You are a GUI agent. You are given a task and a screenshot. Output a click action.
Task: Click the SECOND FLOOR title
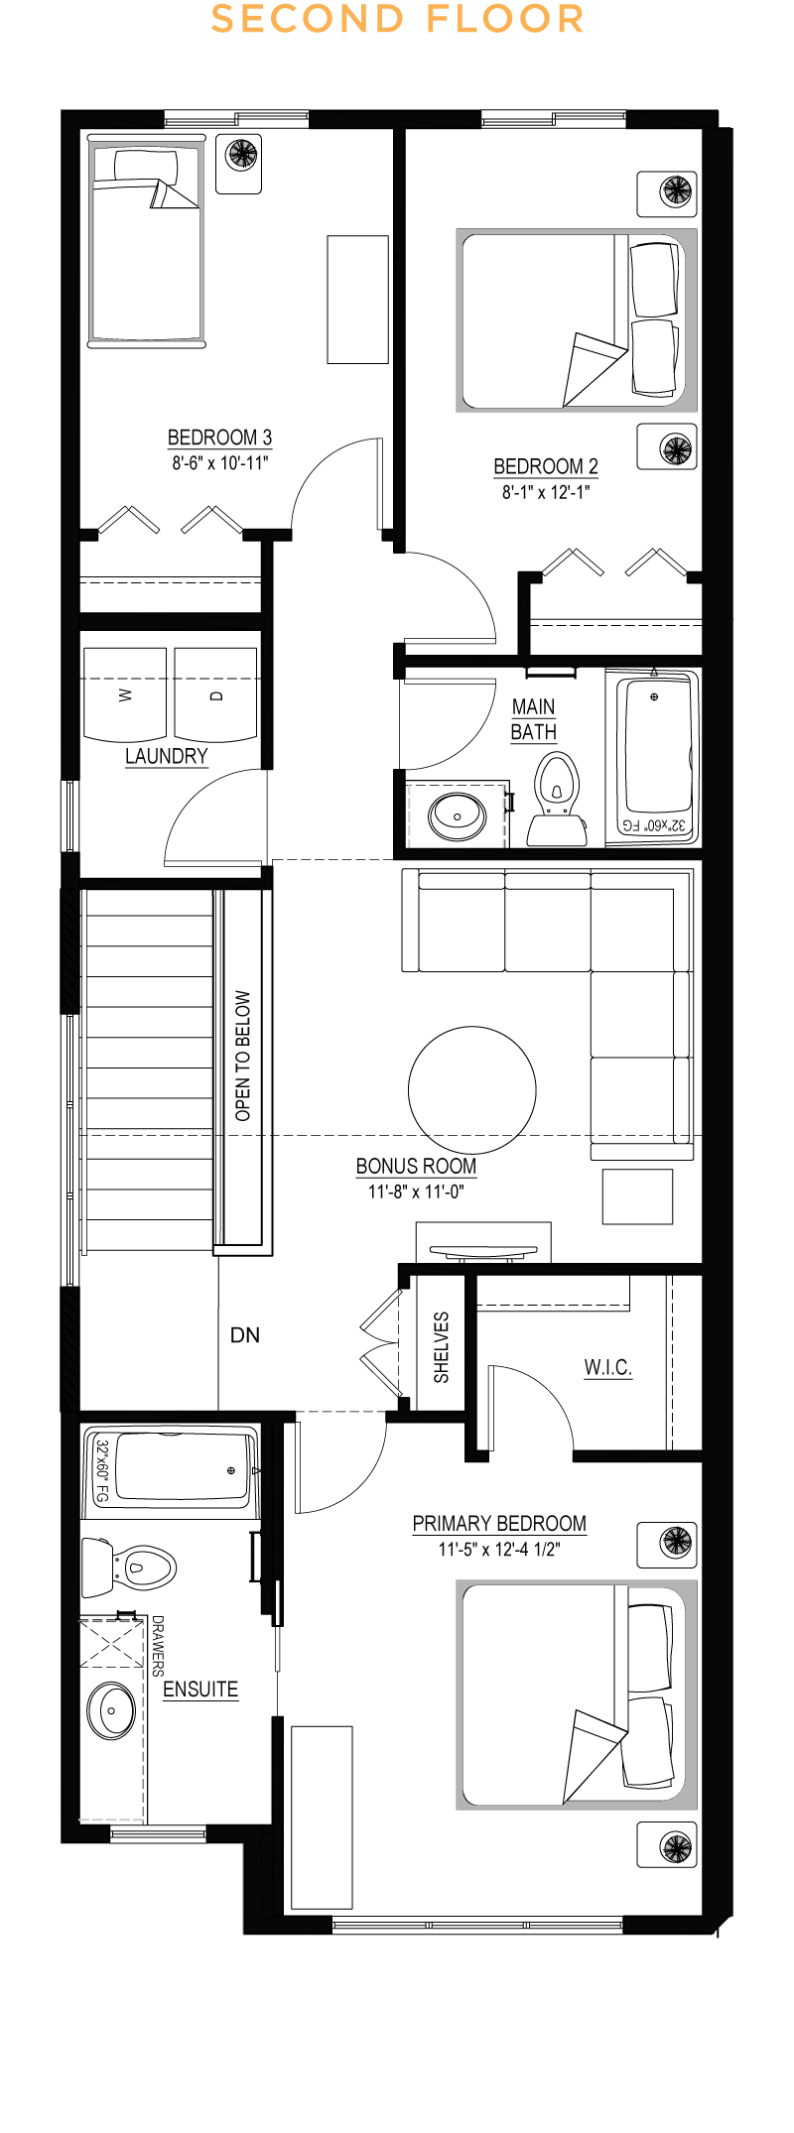397,19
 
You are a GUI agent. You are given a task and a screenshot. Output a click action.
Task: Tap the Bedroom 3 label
219,438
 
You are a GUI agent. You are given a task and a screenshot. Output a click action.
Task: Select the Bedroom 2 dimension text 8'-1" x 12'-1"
546,492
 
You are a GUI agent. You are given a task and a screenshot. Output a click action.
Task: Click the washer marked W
125,694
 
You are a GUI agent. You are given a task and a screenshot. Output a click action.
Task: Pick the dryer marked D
216,694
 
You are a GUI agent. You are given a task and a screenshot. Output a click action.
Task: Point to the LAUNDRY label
167,756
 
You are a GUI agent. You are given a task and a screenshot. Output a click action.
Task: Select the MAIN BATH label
533,720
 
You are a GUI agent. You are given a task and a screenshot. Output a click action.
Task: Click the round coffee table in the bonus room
472,1089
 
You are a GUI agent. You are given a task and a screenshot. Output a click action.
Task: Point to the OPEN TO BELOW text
243,1056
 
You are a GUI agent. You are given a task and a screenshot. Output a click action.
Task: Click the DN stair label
245,1335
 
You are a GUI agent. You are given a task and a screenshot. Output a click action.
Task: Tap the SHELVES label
442,1347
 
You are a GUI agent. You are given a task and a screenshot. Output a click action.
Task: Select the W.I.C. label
608,1368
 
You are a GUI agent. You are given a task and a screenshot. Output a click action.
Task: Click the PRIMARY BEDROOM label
499,1523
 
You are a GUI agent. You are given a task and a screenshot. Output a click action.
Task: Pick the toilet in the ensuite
129,1568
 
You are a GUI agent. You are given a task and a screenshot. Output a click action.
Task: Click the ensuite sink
111,1711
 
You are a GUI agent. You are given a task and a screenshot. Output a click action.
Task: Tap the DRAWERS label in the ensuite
157,1646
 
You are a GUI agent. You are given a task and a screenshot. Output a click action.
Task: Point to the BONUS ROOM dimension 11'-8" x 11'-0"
417,1192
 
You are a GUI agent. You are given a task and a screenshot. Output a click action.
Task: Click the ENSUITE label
200,1690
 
